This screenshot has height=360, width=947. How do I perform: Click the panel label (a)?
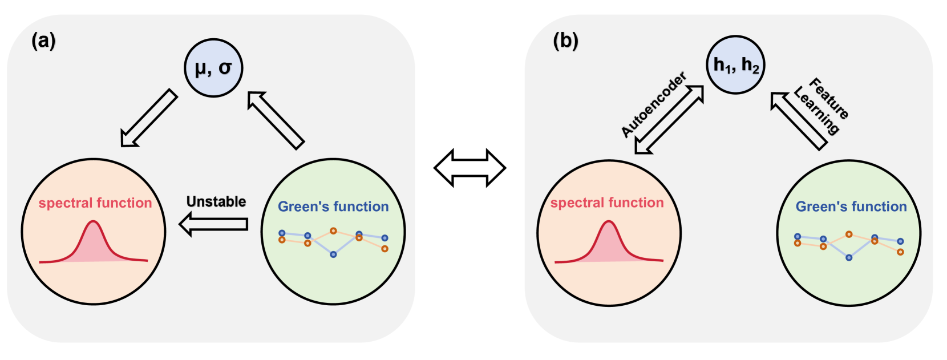click(43, 41)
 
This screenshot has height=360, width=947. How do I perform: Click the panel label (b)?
click(565, 41)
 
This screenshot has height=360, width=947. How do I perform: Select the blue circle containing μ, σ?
click(213, 68)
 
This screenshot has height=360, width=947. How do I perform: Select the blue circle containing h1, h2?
click(735, 64)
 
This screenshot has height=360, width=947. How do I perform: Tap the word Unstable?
click(216, 201)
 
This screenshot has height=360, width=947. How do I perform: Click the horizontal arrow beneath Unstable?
click(213, 224)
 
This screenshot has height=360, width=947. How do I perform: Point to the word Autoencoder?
click(653, 105)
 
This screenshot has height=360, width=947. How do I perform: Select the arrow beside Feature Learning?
click(799, 120)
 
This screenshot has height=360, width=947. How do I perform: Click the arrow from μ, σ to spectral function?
click(149, 118)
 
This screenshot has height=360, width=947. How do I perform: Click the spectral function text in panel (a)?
click(95, 203)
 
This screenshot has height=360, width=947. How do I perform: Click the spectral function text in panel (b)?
click(607, 203)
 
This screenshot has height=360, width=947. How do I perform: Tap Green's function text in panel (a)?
click(333, 207)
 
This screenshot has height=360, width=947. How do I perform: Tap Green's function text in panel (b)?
click(851, 207)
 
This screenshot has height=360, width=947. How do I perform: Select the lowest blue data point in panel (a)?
click(333, 254)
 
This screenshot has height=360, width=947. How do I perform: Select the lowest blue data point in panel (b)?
click(849, 258)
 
